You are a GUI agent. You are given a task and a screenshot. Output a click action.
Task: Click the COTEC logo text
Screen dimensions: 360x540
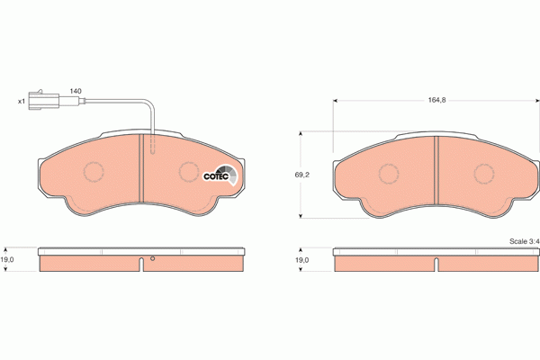215,176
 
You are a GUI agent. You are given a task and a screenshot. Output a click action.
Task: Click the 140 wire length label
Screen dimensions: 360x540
76,91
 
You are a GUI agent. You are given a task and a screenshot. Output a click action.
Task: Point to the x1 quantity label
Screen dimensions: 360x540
22,100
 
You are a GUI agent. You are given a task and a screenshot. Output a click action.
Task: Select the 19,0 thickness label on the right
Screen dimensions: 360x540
302,261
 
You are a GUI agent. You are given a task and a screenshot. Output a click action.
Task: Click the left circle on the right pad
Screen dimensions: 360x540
389,173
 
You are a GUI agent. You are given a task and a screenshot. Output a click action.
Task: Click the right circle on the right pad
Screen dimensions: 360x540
484,173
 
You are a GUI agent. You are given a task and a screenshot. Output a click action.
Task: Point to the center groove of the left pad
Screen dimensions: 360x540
141,171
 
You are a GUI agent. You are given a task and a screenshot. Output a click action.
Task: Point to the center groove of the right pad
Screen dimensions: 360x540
436,171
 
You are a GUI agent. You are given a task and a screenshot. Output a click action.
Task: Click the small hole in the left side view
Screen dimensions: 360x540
152,261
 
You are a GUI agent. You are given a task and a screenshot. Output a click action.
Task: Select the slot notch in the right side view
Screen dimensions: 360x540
436,265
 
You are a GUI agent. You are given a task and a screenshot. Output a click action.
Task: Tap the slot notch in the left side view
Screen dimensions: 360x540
141,265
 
